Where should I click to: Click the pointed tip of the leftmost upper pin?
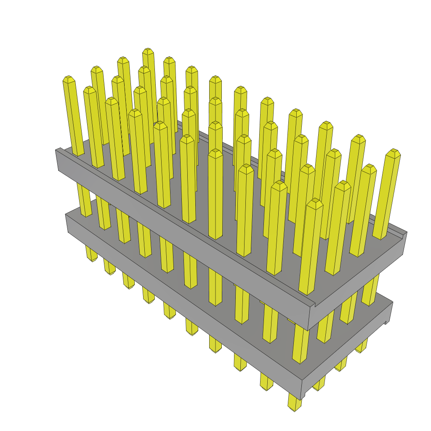[x=69, y=79]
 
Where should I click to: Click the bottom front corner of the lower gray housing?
[x=301, y=397]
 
